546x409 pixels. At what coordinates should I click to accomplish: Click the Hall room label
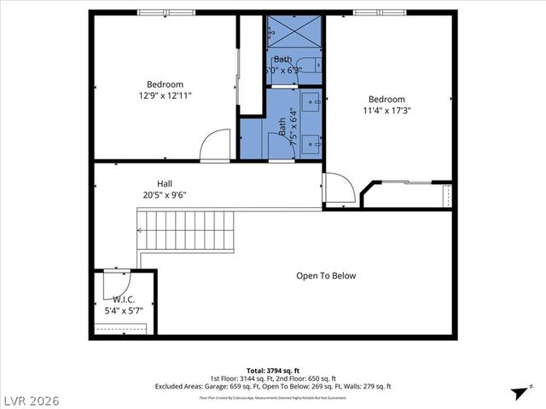(165, 183)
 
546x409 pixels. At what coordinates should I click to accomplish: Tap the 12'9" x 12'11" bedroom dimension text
(165, 96)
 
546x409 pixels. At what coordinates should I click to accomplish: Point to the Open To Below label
(326, 276)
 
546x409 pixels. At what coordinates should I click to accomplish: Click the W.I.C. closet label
(124, 300)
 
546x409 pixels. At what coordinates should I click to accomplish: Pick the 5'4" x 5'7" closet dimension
(124, 311)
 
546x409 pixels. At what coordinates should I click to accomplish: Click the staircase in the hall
(185, 230)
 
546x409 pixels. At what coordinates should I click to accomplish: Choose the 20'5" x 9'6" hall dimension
(165, 195)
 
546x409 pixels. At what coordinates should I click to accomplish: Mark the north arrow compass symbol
(518, 393)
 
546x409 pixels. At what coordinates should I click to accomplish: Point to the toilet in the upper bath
(316, 65)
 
